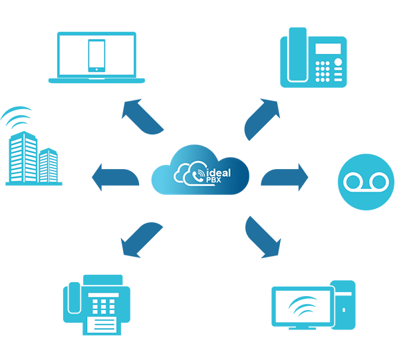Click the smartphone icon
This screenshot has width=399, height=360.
point(96,55)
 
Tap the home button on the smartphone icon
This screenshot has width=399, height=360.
point(96,68)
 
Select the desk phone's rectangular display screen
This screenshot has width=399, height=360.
point(328,49)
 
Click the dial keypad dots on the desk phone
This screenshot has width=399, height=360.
point(323,70)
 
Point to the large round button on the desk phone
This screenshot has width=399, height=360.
point(339,63)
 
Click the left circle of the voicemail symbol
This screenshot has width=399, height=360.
point(352,182)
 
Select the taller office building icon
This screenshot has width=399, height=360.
point(23,160)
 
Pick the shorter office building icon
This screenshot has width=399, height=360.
point(49,167)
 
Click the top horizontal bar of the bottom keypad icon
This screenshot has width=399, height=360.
point(102,295)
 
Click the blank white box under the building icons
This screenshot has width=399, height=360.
point(36,200)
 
